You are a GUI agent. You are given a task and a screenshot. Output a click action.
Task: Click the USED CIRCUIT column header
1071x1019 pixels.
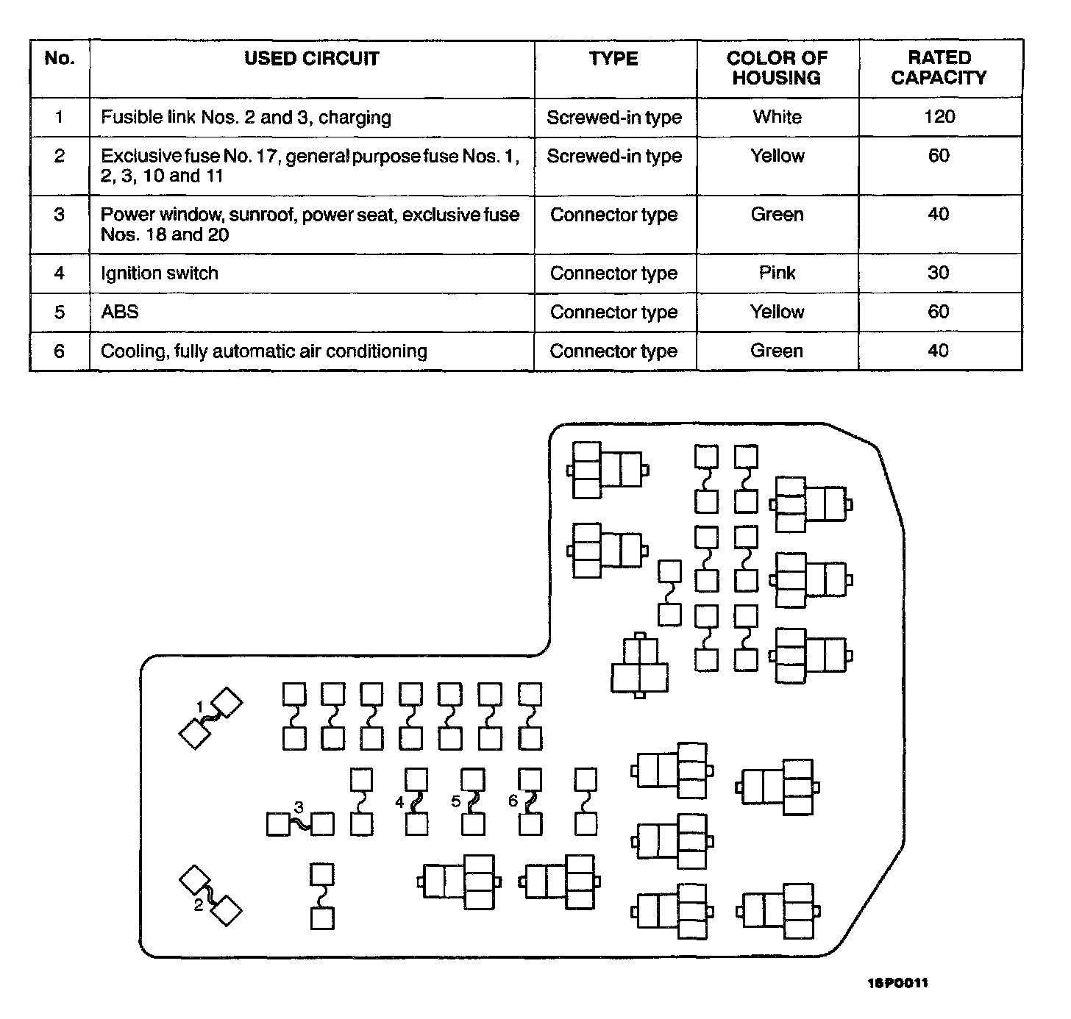coord(312,59)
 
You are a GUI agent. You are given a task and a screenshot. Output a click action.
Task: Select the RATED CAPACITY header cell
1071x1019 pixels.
coord(939,68)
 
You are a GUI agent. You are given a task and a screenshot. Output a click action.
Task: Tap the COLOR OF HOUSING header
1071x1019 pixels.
coord(777,68)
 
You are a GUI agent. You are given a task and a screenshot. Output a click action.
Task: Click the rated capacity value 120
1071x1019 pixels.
coord(939,117)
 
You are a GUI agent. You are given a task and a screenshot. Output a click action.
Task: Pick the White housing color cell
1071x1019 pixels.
coord(777,117)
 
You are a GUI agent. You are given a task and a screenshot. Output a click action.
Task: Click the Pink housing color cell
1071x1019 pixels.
coord(777,273)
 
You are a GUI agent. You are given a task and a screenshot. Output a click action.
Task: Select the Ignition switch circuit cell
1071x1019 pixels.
coord(160,273)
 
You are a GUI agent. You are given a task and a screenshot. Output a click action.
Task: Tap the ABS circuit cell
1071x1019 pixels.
coord(120,312)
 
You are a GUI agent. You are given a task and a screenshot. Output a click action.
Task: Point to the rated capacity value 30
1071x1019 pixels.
coord(939,273)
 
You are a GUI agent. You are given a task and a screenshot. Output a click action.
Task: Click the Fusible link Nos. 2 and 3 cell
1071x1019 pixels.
coord(246,118)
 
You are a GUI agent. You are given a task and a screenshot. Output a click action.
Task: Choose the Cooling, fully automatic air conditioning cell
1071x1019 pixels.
coord(263,351)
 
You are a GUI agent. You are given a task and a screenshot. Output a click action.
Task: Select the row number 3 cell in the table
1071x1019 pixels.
coord(60,215)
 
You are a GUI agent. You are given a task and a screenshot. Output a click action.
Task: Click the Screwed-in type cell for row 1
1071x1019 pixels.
coord(614,118)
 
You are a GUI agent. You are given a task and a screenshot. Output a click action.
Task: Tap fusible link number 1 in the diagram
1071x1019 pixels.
coord(211,718)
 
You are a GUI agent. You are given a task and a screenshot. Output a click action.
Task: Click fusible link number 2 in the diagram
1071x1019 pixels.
coord(211,893)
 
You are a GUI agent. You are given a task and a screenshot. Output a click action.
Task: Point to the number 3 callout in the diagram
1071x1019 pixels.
coord(299,807)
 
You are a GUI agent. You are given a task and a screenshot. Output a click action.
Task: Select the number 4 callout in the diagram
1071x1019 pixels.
coord(399,802)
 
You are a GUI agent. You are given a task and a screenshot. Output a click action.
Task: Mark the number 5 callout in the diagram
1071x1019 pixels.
coord(456,801)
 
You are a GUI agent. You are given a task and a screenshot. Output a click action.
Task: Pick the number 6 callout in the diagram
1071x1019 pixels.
coord(513,801)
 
